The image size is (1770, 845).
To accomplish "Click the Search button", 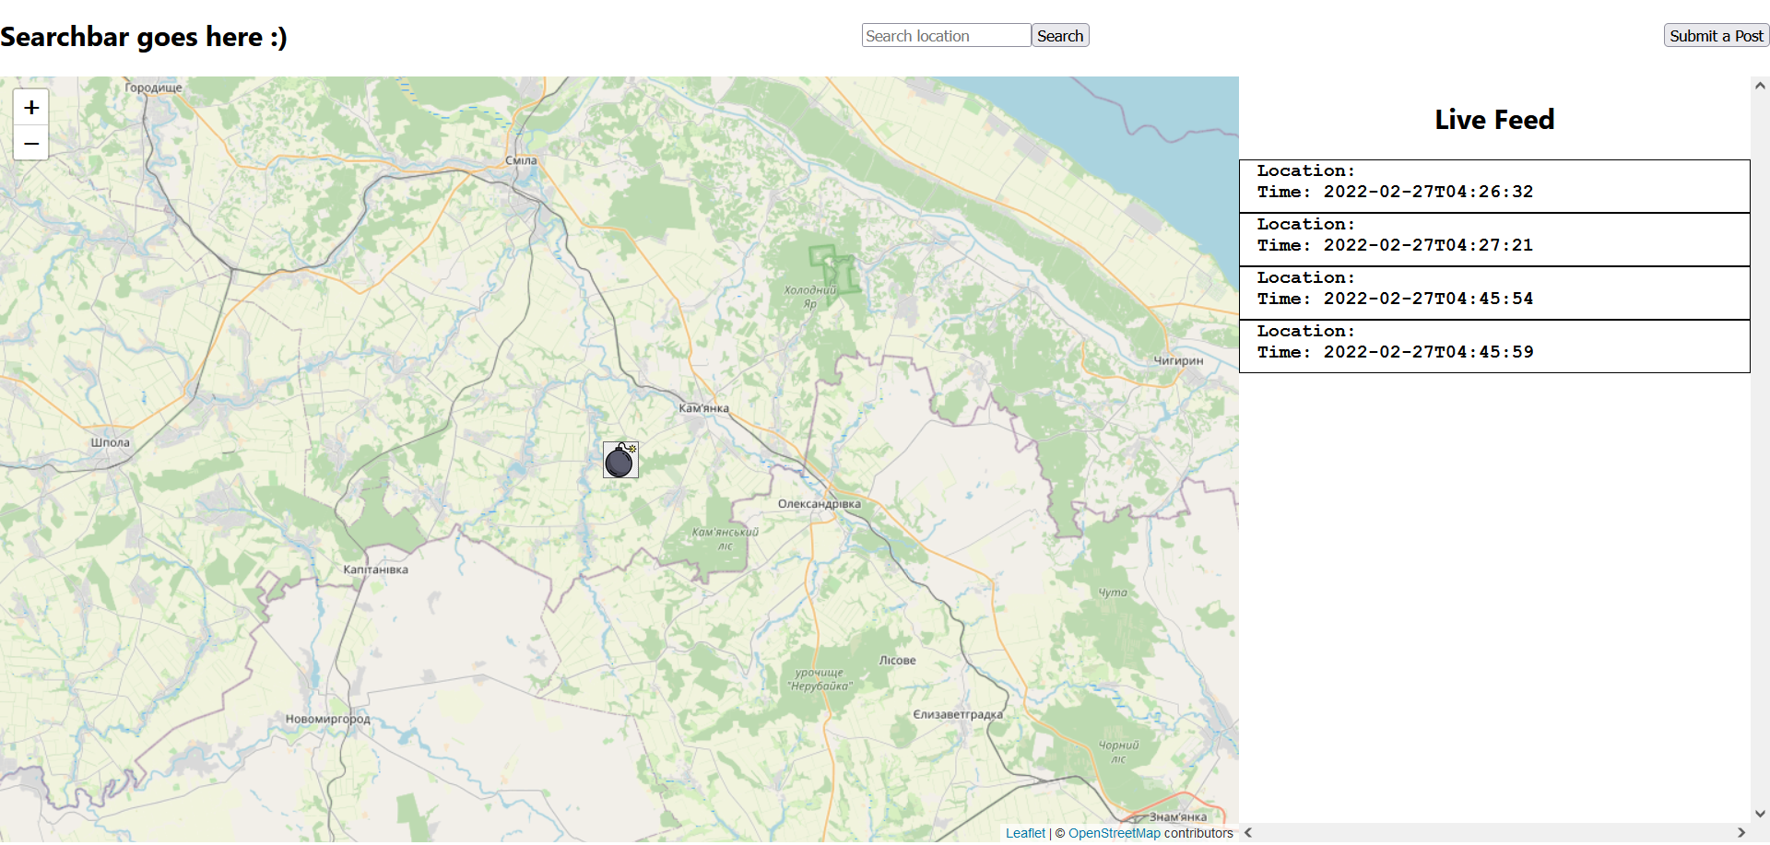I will [1059, 36].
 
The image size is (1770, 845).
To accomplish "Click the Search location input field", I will [946, 36].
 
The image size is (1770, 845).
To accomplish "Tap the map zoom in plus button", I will [31, 108].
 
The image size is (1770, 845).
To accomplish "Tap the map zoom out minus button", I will [31, 144].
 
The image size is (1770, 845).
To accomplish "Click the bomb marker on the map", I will [620, 460].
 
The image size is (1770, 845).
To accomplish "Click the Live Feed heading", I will [1493, 120].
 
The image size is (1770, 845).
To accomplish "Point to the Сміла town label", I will [521, 160].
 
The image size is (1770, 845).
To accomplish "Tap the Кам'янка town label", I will [703, 408].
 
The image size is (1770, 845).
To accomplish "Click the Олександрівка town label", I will [819, 504].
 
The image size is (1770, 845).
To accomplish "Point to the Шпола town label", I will [110, 442].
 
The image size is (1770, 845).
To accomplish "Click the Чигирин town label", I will [1178, 360].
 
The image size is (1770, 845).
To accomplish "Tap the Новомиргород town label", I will [327, 719].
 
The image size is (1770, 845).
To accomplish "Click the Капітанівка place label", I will [375, 569].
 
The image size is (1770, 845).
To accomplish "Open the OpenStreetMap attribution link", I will [1114, 833].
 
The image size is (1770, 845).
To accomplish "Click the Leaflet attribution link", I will [1025, 833].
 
